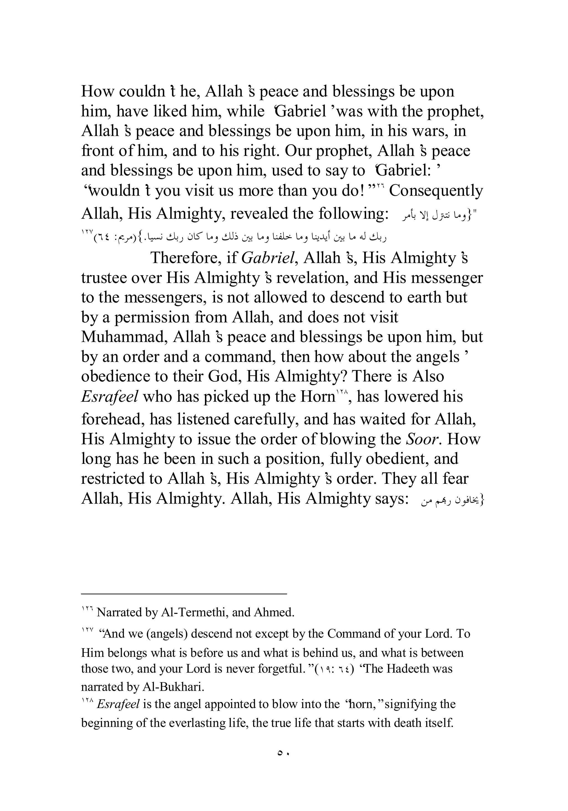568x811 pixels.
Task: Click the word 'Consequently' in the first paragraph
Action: [435, 191]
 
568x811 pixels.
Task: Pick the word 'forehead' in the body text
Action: [112, 419]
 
